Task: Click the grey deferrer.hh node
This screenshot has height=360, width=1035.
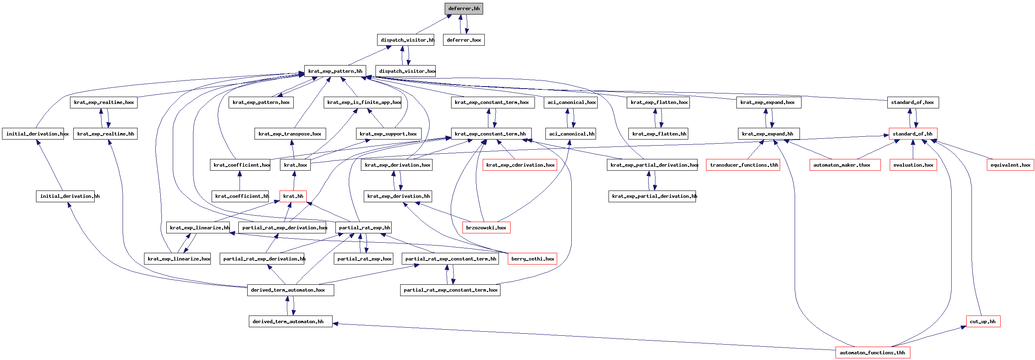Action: [x=464, y=8]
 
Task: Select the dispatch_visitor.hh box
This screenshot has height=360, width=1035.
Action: [x=405, y=40]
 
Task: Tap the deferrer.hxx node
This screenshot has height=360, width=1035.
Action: [x=464, y=40]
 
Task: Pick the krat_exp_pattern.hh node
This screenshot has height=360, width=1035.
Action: [x=335, y=71]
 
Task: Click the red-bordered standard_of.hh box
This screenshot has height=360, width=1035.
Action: [x=913, y=134]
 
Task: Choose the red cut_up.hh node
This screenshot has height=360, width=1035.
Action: [x=983, y=322]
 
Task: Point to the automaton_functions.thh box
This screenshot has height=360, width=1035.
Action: [x=873, y=353]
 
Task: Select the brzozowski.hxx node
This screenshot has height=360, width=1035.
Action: [x=486, y=228]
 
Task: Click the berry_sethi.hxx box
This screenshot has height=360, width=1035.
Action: [x=532, y=259]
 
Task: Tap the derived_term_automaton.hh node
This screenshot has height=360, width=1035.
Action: [x=291, y=322]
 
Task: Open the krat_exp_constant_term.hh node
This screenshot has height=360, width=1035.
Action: [x=491, y=134]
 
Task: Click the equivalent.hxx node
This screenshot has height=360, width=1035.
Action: [x=1010, y=165]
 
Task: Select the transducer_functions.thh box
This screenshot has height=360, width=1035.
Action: [x=743, y=165]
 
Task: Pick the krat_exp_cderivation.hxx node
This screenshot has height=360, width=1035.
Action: [x=520, y=165]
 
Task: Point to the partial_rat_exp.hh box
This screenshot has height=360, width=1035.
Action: [x=364, y=228]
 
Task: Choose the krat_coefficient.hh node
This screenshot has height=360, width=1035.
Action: [x=240, y=196]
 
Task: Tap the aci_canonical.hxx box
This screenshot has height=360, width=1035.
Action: [x=571, y=102]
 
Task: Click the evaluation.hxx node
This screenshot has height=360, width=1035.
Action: [x=913, y=165]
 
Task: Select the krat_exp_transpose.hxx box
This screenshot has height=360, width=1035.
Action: [x=290, y=134]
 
